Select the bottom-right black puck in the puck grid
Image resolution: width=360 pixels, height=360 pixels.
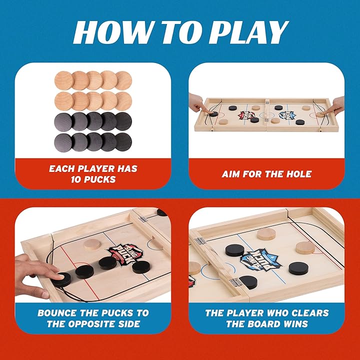123,140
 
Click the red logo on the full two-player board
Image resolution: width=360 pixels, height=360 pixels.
242,115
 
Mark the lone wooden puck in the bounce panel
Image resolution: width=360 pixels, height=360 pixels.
92,243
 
